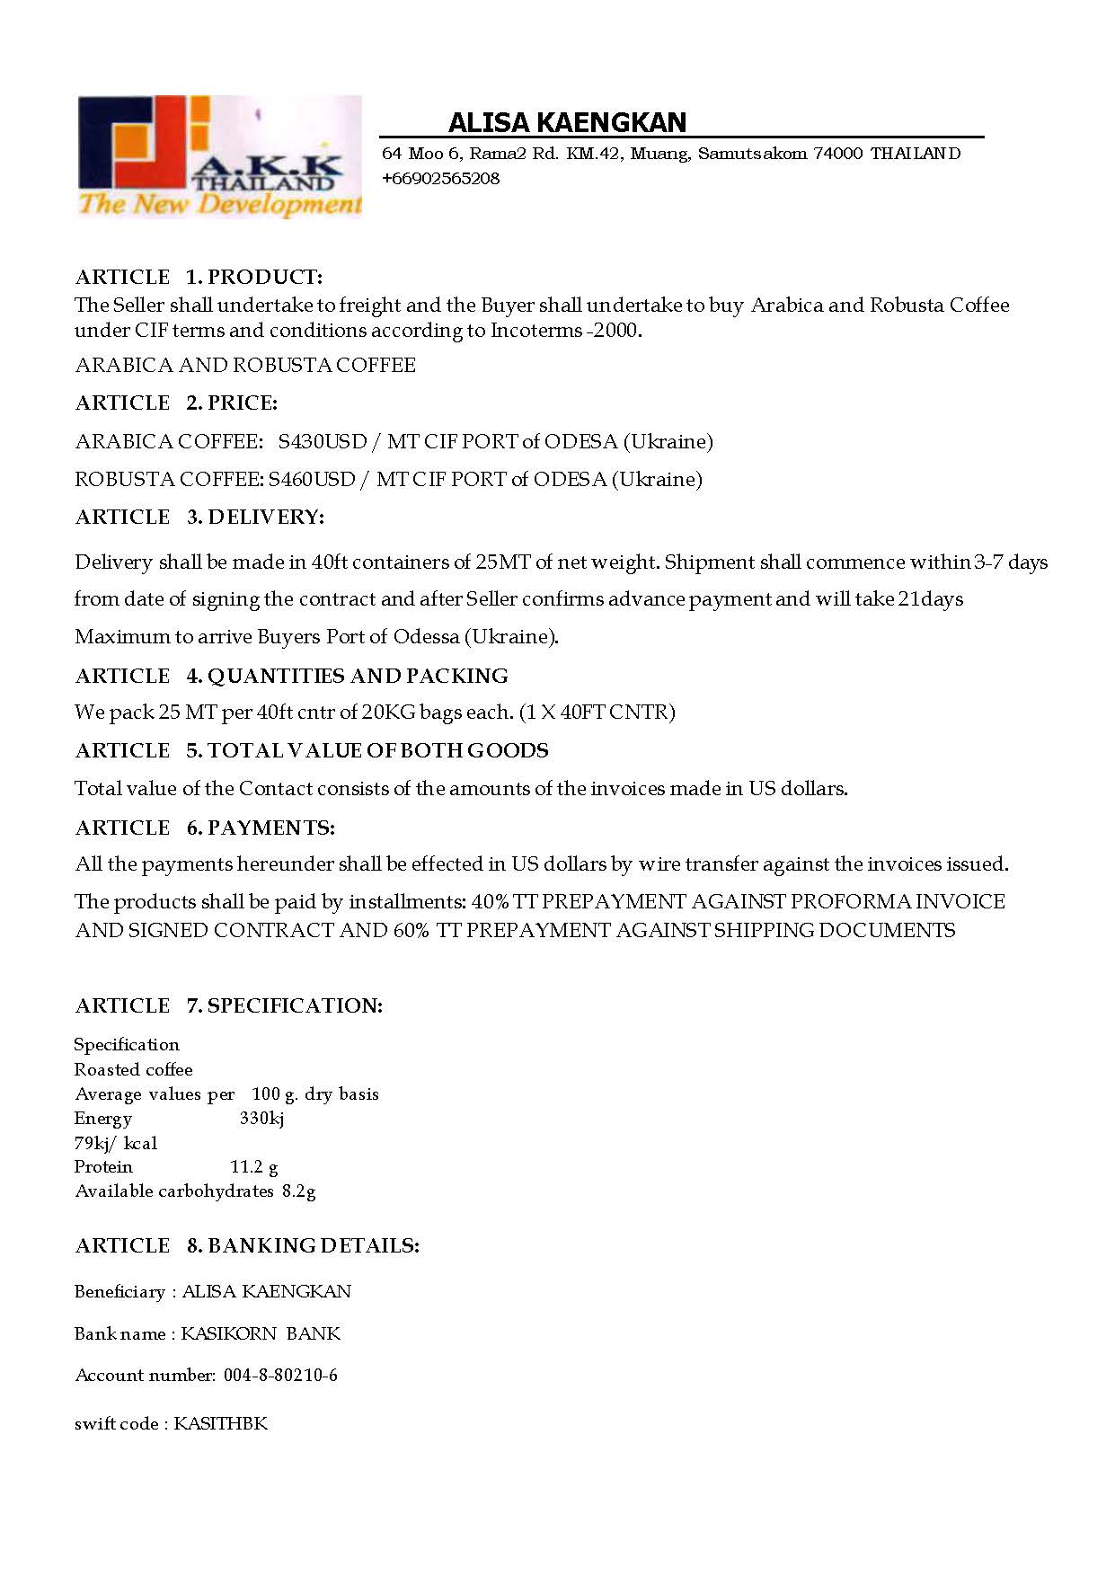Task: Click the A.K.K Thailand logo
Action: (219, 156)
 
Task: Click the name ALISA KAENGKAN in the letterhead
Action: (567, 122)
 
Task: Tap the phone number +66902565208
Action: (440, 178)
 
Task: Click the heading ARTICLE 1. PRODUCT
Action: (199, 277)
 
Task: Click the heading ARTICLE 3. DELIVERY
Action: (199, 517)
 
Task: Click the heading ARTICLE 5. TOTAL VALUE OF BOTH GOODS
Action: (312, 750)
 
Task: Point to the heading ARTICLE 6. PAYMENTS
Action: (205, 828)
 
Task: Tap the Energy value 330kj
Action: (262, 1119)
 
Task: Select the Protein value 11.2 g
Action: (254, 1167)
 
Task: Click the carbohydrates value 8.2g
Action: (298, 1191)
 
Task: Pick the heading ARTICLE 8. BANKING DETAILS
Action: (247, 1245)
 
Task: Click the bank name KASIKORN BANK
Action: (261, 1333)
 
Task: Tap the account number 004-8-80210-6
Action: (280, 1375)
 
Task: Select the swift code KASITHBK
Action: (220, 1423)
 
